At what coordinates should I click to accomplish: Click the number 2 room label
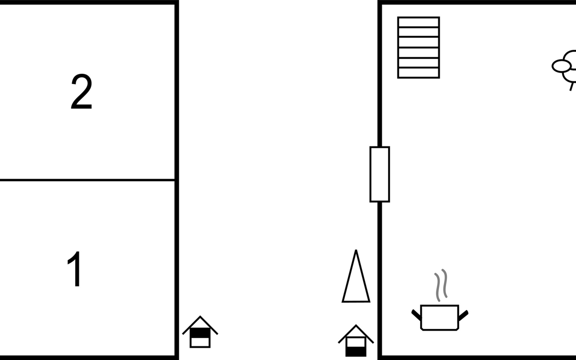(x=81, y=92)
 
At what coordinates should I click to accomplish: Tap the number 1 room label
(x=74, y=269)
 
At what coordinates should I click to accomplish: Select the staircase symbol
(x=418, y=48)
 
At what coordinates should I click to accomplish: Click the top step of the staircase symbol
(x=418, y=22)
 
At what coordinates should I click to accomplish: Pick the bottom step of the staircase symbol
(x=418, y=73)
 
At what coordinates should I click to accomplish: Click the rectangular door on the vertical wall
(x=379, y=174)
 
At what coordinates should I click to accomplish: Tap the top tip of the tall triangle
(x=356, y=251)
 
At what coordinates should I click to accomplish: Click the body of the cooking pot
(x=439, y=317)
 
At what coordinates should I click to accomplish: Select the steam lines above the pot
(x=441, y=285)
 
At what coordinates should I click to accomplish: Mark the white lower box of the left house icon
(x=200, y=342)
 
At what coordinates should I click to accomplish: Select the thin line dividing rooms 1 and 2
(x=87, y=180)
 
